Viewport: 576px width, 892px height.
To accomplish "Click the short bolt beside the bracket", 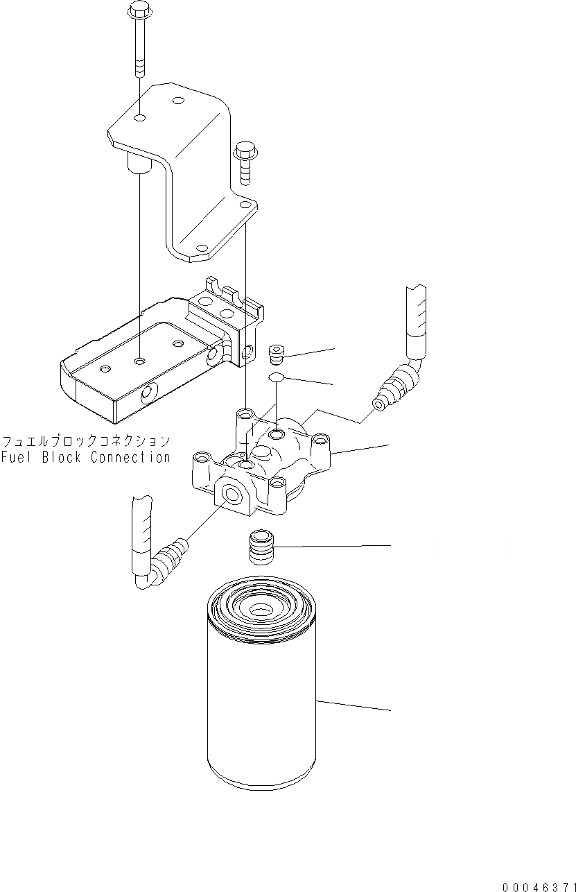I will coord(244,164).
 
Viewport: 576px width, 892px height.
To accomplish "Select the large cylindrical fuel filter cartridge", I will coord(261,701).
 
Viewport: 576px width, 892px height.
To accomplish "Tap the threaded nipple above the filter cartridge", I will coord(261,546).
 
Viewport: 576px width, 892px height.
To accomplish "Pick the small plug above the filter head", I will coord(276,354).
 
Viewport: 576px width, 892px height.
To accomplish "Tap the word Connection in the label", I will coord(130,458).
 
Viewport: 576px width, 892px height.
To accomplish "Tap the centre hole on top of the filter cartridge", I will coord(260,610).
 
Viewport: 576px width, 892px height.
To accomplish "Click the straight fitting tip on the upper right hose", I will coord(381,402).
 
